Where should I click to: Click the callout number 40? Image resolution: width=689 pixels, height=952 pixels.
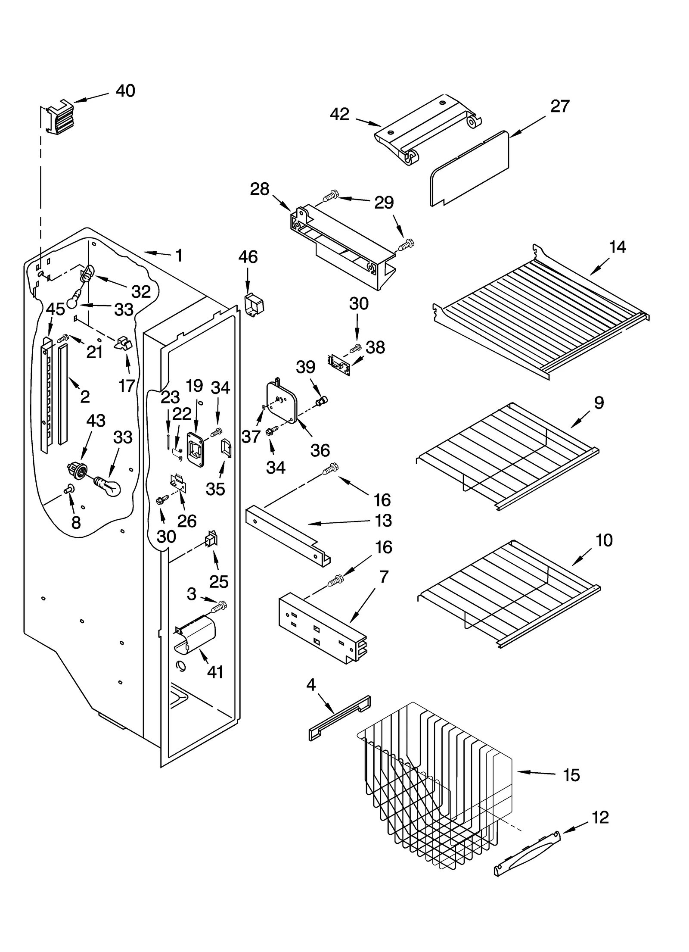click(125, 91)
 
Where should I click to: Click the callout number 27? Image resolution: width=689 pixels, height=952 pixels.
click(560, 106)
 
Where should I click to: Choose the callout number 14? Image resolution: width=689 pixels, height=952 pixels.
click(617, 247)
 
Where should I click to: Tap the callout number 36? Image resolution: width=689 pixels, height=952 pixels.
click(320, 450)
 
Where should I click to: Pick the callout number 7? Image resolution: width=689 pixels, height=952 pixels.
click(384, 577)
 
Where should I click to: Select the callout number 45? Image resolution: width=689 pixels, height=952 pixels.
click(55, 309)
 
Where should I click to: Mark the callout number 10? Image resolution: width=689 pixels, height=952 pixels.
click(604, 540)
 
